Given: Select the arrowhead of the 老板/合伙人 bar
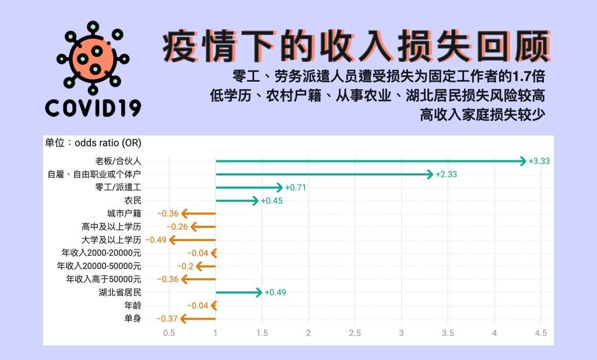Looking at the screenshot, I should pos(524,161).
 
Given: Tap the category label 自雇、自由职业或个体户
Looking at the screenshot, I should pos(94,174).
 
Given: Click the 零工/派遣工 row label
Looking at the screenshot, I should pos(118,187).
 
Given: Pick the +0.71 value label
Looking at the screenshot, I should pos(296,187).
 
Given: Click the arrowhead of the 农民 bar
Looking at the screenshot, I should pos(255,200).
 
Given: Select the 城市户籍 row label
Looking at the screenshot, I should pos(124,214).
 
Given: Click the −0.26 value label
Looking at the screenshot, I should pos(177,226).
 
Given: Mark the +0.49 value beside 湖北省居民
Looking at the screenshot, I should pos(275,292).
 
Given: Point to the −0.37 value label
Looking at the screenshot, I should pos(167,319).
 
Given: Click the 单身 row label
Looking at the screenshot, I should pos(132,319).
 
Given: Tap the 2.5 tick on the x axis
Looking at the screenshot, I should pos(355,333).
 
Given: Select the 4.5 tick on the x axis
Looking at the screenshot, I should pos(540,333).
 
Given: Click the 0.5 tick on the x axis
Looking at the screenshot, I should pos(169,333).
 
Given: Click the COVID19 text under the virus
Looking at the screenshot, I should pos(93,108).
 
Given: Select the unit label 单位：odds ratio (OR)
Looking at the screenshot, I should pos(93,143).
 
